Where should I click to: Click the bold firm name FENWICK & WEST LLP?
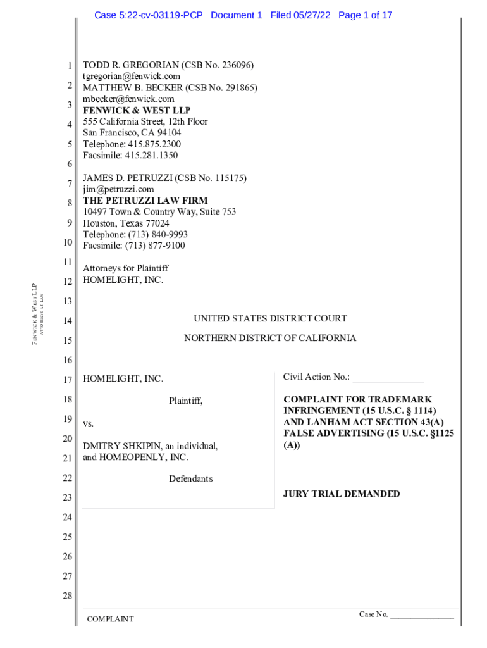(137, 110)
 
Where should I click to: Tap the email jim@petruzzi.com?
(118, 189)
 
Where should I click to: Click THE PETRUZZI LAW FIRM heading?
(145, 201)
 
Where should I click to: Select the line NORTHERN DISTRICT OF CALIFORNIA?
(270, 339)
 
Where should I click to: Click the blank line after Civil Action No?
(388, 378)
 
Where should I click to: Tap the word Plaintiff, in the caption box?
(186, 401)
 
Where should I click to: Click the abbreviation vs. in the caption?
(89, 423)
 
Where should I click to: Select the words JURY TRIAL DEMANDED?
(342, 494)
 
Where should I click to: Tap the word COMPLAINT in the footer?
(110, 619)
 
